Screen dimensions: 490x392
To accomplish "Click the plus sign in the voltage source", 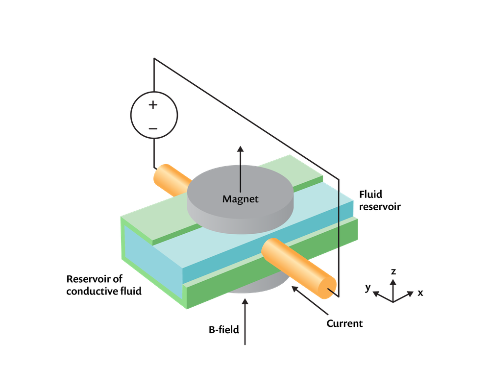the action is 153,104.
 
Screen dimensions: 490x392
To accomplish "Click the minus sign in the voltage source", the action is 153,128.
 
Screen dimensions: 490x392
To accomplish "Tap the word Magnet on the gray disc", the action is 240,199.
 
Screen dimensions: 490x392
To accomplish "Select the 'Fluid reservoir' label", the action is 380,200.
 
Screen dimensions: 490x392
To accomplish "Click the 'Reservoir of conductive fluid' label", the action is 104,285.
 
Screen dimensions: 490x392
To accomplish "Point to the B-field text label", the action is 224,329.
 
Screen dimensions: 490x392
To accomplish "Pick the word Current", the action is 344,323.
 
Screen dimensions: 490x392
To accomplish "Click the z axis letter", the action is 393,271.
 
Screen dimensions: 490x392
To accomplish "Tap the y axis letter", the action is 368,287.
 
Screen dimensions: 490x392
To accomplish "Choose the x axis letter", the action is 420,293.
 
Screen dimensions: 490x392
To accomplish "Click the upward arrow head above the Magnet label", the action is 240,149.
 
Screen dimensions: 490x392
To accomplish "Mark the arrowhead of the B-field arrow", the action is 245,301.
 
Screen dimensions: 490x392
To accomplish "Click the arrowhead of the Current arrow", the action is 294,289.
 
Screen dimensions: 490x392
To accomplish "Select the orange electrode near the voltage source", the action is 172,179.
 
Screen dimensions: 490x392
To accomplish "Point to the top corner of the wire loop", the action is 154,58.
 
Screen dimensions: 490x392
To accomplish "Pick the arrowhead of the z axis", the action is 393,282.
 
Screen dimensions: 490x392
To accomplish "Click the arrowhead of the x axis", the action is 410,294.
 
